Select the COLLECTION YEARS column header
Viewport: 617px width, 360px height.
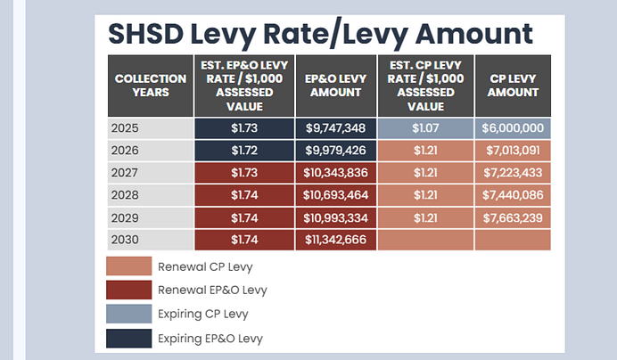(150, 86)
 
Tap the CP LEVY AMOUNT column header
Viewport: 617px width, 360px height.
(512, 86)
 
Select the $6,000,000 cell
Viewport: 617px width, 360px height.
(512, 128)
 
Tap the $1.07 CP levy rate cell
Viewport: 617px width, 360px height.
(424, 128)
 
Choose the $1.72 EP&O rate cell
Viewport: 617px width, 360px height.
(243, 151)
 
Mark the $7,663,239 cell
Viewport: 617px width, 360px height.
(512, 217)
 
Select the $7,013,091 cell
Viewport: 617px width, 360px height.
(512, 151)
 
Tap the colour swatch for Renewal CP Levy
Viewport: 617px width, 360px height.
(128, 266)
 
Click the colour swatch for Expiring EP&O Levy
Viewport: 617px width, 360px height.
(128, 338)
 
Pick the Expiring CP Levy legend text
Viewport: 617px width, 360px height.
(204, 315)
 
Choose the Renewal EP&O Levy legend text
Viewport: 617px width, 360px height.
(212, 290)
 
